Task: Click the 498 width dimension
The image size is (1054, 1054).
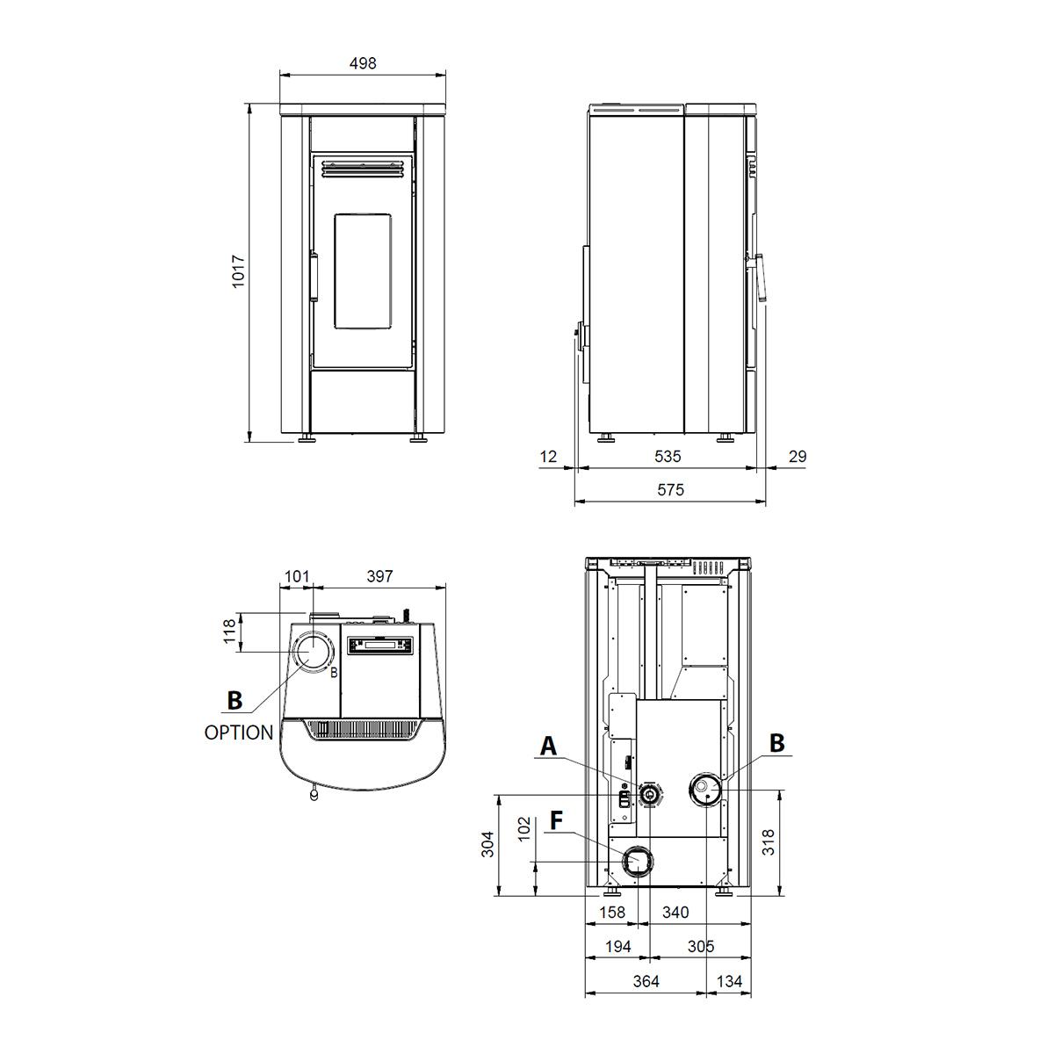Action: click(x=363, y=63)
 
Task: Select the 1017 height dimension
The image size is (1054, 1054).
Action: click(x=238, y=271)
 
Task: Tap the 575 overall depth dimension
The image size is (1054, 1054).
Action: click(x=670, y=489)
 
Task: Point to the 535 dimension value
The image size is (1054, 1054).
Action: click(x=668, y=456)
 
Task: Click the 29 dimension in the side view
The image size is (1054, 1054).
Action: click(x=798, y=456)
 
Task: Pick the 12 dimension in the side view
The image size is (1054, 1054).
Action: click(x=548, y=456)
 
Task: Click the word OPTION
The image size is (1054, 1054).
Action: click(x=239, y=733)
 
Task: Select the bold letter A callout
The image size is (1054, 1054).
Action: click(x=548, y=746)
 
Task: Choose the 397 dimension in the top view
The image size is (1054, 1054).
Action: click(x=379, y=576)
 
